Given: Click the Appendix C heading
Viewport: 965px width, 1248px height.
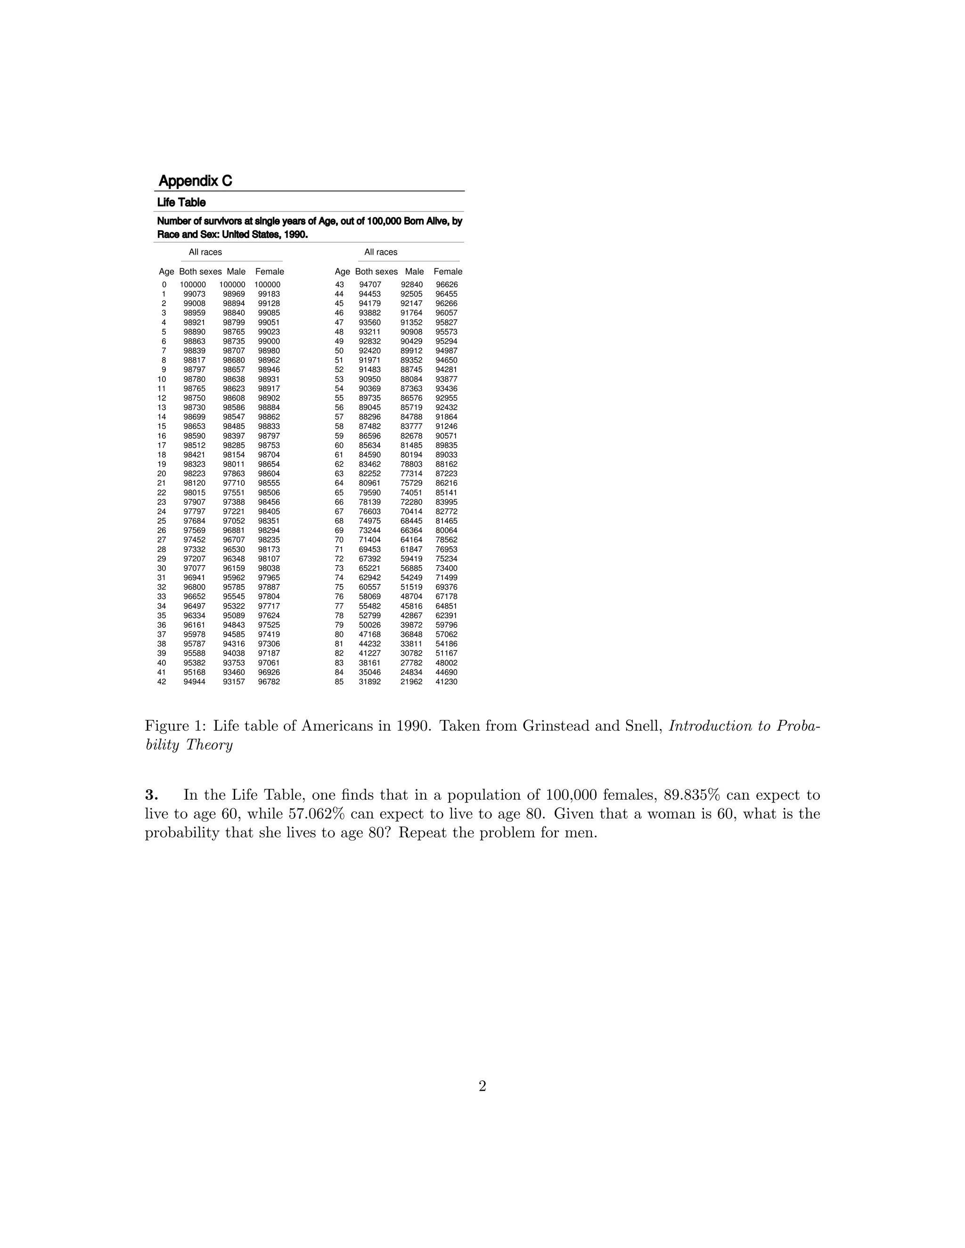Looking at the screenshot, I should click(195, 181).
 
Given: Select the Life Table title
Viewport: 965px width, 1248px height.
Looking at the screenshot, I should click(181, 203).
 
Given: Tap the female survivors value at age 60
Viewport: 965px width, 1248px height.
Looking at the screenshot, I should click(446, 446).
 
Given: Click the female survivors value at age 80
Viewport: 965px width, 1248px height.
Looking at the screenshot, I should click(446, 634).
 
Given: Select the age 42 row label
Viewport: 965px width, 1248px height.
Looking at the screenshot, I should click(162, 682).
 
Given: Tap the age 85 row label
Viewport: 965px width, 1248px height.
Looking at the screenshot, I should click(339, 682).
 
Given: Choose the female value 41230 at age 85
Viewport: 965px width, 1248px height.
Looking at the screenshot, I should click(446, 682).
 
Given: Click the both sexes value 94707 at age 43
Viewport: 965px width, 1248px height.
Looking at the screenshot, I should click(370, 284).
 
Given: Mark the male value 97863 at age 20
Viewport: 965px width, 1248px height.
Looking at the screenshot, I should click(234, 474).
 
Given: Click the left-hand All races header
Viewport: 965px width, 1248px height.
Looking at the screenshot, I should click(205, 252).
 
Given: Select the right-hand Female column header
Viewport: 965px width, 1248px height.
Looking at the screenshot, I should click(448, 271).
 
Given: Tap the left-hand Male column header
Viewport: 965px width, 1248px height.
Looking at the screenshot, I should click(236, 271).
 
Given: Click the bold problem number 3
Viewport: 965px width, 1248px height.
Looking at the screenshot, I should click(151, 795).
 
